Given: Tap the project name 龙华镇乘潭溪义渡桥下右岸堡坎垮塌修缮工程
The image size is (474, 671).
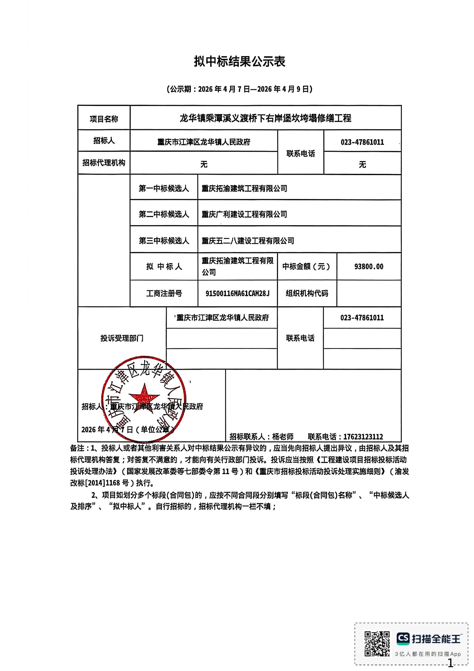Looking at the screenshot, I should coord(265,118).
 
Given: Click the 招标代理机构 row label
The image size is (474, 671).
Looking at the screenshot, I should coord(104,163).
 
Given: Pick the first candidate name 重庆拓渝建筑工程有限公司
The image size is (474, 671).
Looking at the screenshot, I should coord(244,189).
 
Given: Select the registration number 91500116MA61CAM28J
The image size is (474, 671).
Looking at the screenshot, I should coord(237,293).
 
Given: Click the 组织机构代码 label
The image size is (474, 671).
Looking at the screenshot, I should coord(307,293).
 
